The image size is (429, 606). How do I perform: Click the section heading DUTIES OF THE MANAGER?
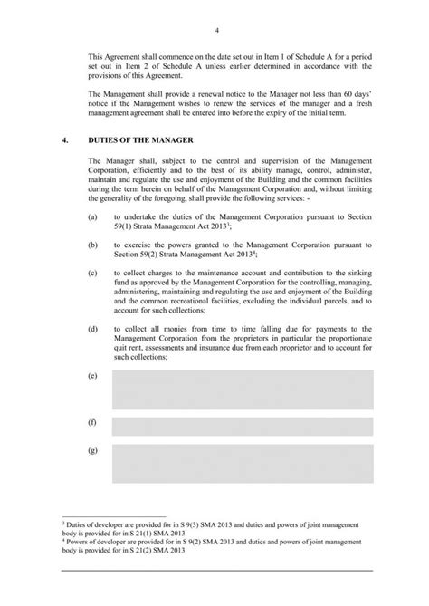[x=137, y=140]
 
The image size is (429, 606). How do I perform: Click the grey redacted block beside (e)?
[x=243, y=389]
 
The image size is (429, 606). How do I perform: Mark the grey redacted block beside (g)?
[x=243, y=463]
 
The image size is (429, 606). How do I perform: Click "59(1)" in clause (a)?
[x=123, y=228]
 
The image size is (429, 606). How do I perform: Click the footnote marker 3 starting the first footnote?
[x=61, y=523]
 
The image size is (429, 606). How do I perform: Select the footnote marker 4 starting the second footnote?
[x=61, y=541]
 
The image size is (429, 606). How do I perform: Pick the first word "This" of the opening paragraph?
[x=100, y=56]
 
